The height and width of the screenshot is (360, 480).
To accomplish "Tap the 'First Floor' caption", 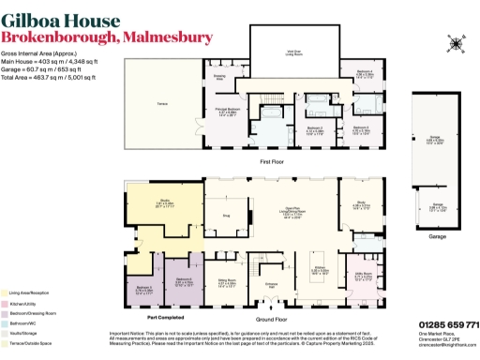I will pyautogui.click(x=272, y=160).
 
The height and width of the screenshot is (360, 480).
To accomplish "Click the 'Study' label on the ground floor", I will pyautogui.click(x=362, y=200).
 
